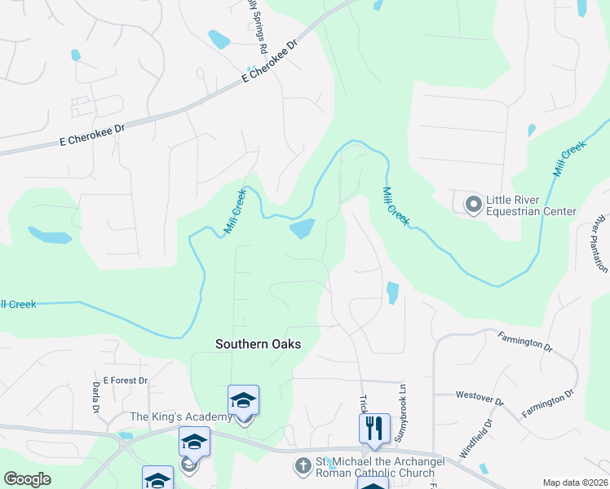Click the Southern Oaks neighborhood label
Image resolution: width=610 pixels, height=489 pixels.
coord(258,344)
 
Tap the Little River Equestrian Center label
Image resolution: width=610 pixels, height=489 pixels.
coord(531,205)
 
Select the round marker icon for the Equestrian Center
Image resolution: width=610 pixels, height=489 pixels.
coord(473,204)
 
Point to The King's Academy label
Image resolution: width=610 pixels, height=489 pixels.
coord(181,416)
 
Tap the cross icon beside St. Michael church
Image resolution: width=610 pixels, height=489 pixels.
coord(302,466)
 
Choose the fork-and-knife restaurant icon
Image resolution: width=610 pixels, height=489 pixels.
coord(374,428)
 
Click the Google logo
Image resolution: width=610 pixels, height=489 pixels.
coord(28,479)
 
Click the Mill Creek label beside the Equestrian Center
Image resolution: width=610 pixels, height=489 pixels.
coord(396,205)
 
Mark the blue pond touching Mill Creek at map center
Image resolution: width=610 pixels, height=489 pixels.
coord(302,229)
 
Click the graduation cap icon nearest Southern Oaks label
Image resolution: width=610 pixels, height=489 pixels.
coord(243,400)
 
